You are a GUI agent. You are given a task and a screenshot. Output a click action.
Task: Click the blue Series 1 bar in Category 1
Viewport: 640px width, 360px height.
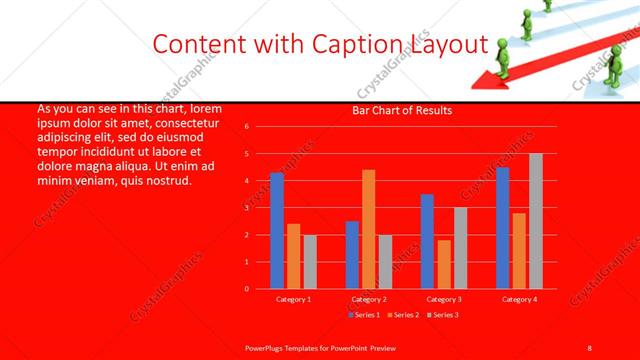pyautogui.click(x=277, y=231)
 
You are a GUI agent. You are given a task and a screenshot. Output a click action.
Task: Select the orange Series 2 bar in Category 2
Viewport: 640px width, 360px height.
pyautogui.click(x=369, y=229)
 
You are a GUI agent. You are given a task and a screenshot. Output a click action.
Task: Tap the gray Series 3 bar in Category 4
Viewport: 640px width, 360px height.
pyautogui.click(x=536, y=221)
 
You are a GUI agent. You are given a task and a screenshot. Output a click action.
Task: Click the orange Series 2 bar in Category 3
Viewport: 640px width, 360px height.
pyautogui.click(x=444, y=264)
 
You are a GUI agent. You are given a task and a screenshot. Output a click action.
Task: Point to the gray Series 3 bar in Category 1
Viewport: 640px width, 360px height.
pyautogui.click(x=310, y=262)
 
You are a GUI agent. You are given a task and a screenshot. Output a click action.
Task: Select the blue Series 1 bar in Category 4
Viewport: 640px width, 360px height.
pyautogui.click(x=502, y=228)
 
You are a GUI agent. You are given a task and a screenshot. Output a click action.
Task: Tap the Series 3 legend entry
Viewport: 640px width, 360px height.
pyautogui.click(x=444, y=315)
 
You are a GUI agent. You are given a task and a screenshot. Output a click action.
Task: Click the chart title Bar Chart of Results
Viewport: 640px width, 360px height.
pyautogui.click(x=402, y=110)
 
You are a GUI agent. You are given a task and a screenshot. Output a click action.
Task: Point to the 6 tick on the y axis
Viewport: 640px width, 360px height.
pyautogui.click(x=247, y=127)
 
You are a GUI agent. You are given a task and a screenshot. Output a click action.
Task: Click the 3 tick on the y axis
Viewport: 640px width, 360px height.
pyautogui.click(x=247, y=208)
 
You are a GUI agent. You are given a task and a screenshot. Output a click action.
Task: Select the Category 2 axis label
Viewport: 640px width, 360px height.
pyautogui.click(x=369, y=299)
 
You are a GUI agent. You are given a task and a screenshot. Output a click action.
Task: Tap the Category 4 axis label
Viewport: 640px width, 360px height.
pyautogui.click(x=519, y=299)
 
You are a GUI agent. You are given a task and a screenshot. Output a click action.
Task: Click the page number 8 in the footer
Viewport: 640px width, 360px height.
pyautogui.click(x=590, y=346)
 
